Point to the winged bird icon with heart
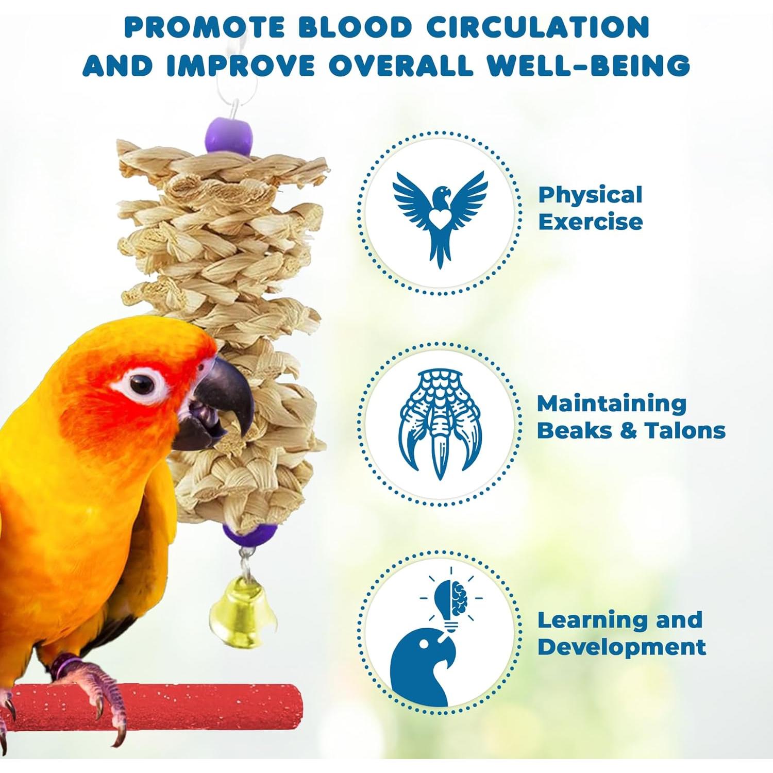[x=440, y=217]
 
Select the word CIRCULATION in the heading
[x=538, y=27]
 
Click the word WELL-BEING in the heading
[x=589, y=65]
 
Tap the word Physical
[x=590, y=195]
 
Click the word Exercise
[x=591, y=222]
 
